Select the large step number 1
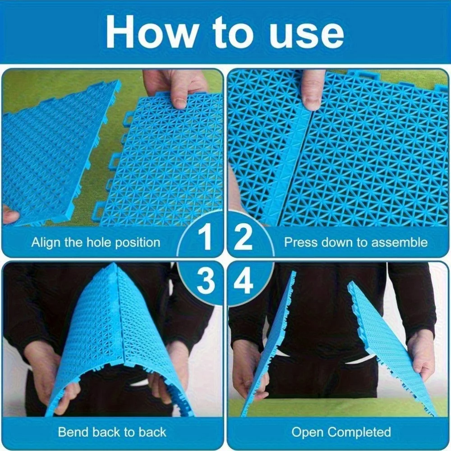pyautogui.click(x=206, y=238)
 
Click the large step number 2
pyautogui.click(x=243, y=238)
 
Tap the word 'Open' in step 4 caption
pyautogui.click(x=308, y=433)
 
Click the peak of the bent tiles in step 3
pyautogui.click(x=114, y=265)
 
